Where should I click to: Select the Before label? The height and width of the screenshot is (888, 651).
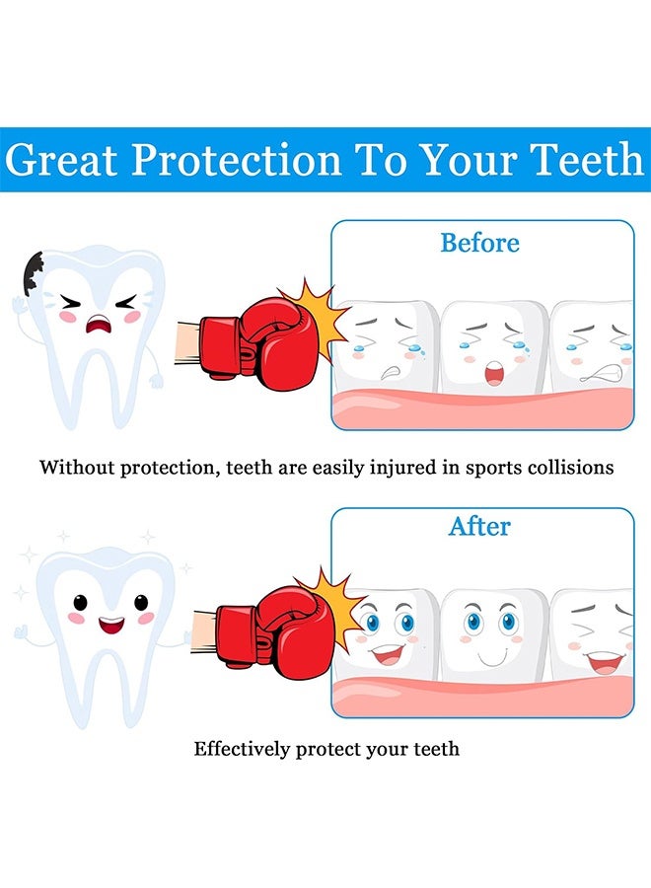[479, 243]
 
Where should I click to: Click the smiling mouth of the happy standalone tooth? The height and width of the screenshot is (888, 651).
[110, 625]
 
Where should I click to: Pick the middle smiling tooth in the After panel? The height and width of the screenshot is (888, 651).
[492, 631]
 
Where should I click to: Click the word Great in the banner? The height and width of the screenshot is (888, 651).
[65, 160]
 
